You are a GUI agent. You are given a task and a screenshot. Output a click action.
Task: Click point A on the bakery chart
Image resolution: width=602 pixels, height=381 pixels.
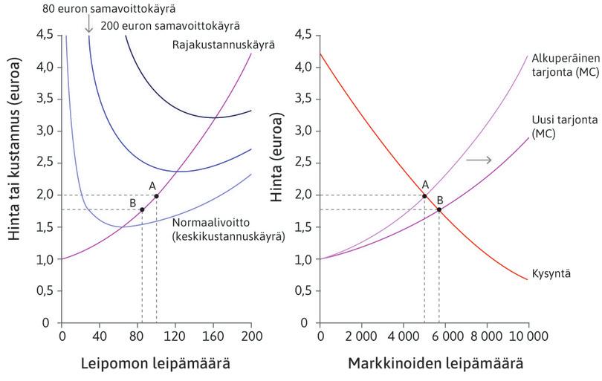[156, 195]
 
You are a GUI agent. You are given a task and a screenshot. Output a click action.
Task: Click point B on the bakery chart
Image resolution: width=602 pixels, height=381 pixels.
[142, 209]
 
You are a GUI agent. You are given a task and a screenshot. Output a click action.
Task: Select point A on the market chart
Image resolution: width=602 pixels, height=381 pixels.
[424, 195]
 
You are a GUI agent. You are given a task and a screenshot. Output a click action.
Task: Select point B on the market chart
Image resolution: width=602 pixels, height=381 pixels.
[439, 209]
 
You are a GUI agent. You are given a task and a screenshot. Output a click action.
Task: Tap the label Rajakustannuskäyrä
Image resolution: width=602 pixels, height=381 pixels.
[224, 45]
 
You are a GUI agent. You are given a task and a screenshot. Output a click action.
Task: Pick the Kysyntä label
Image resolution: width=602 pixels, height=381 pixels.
[551, 274]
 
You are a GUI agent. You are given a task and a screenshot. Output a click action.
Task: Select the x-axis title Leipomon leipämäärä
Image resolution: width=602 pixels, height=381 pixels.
[156, 364]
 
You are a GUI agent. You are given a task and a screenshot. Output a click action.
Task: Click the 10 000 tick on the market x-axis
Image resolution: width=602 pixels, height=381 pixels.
[528, 336]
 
